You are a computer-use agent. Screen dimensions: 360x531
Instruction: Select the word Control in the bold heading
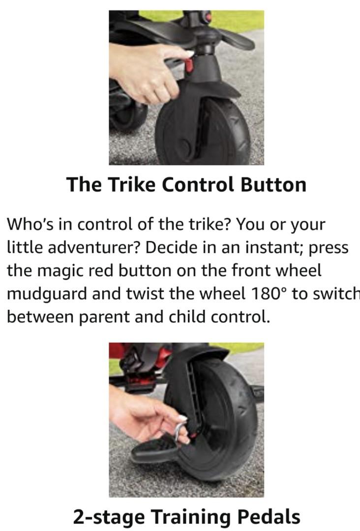point(198,184)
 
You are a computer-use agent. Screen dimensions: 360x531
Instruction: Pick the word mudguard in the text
point(47,294)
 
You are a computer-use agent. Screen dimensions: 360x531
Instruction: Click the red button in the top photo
point(189,65)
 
